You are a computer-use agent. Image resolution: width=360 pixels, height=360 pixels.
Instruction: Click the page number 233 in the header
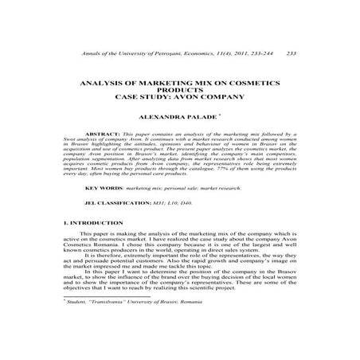coord(291,53)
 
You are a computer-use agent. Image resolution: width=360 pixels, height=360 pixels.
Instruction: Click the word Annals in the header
coord(80,53)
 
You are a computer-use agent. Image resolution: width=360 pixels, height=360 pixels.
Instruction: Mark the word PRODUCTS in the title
coord(180,89)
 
